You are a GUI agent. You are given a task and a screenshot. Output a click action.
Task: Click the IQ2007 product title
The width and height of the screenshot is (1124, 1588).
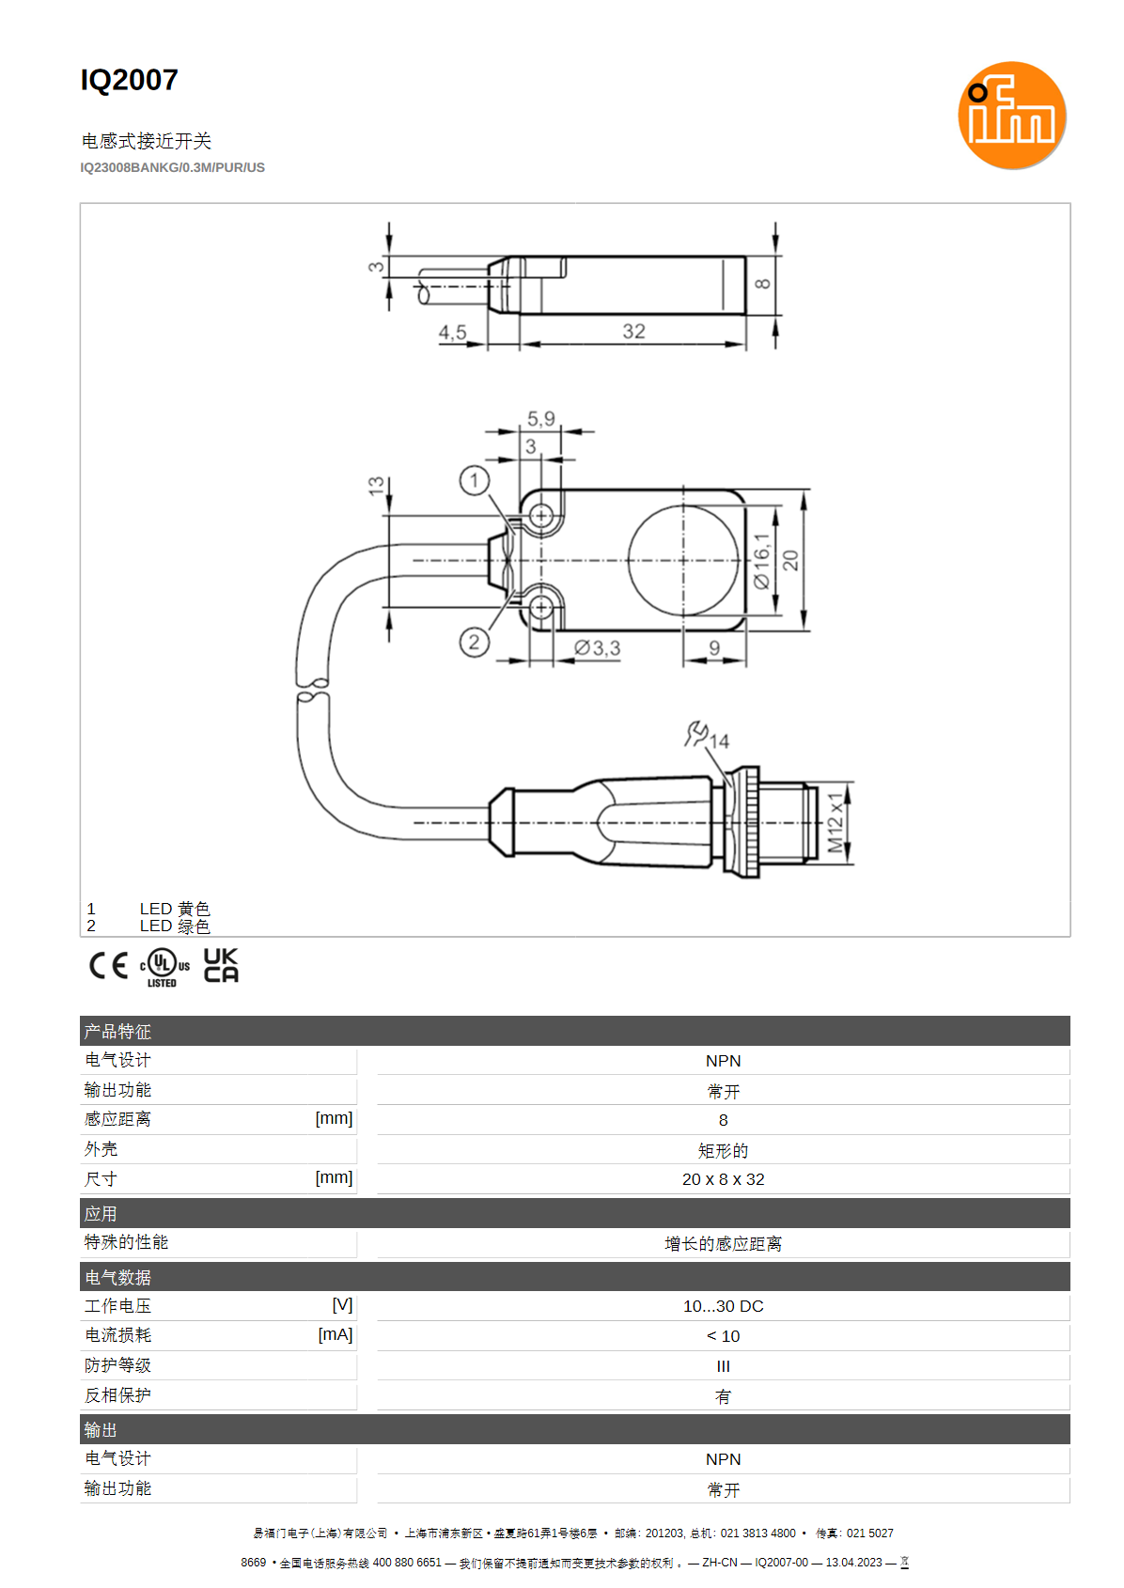tap(129, 80)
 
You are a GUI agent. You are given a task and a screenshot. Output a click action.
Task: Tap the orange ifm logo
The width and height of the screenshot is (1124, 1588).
tap(1012, 116)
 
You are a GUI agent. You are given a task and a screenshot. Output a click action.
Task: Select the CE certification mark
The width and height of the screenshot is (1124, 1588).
tap(108, 966)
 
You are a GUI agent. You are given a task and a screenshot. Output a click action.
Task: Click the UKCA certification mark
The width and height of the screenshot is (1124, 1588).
tap(221, 965)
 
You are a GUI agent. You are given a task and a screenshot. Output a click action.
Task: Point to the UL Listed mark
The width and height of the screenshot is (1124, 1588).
tap(164, 968)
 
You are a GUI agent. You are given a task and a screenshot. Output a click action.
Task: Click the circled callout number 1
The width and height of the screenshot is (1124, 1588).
tap(475, 481)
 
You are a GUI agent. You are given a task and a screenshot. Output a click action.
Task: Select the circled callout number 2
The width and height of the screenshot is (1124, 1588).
tap(475, 643)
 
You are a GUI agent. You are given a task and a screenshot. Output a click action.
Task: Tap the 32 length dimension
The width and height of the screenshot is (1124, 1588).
tap(634, 331)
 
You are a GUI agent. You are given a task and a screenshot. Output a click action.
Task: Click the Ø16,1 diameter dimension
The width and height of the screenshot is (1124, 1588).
tap(761, 561)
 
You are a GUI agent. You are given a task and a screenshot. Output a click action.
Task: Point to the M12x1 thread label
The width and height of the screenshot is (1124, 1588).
tap(835, 823)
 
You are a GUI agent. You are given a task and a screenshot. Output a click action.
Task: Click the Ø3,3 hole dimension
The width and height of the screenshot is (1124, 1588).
tap(597, 648)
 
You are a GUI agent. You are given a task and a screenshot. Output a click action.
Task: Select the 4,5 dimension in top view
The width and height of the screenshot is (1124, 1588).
tap(452, 332)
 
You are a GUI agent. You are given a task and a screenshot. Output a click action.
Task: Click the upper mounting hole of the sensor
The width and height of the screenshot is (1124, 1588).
tap(541, 515)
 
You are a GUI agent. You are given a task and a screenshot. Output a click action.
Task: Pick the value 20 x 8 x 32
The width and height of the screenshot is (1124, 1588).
tap(724, 1179)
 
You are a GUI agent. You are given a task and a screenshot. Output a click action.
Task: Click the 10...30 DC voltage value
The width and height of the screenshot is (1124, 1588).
tap(724, 1306)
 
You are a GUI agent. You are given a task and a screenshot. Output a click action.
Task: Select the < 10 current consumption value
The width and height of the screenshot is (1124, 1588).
tap(724, 1335)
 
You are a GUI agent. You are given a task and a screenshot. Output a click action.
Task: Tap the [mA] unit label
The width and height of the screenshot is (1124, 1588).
tap(336, 1334)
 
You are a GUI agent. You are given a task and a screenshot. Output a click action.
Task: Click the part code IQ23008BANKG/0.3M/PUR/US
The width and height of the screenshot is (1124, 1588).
tap(172, 168)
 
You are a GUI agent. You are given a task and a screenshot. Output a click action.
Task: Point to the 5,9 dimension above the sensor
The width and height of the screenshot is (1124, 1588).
tap(540, 419)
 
